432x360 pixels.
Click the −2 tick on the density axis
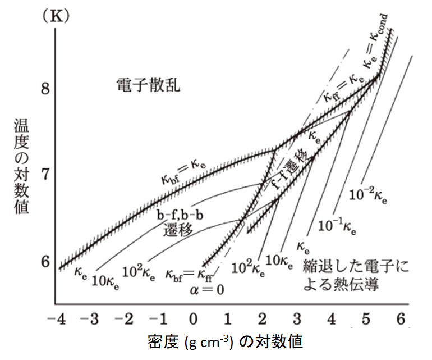[125, 319]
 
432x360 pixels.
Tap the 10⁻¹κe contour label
[340, 225]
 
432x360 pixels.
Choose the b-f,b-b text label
[180, 217]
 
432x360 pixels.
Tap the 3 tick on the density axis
[297, 319]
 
